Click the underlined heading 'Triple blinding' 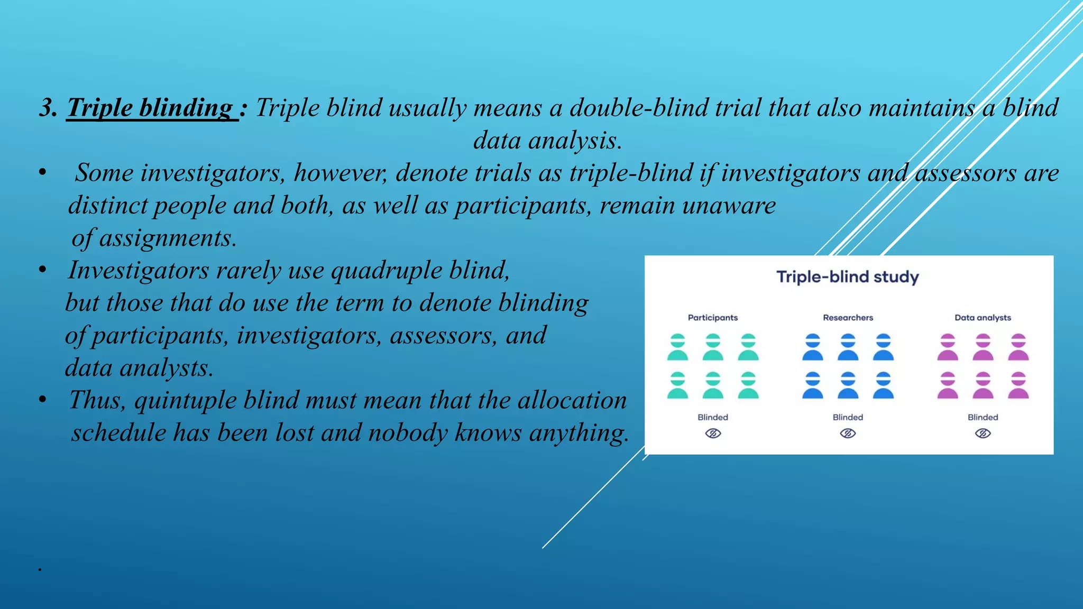(150, 108)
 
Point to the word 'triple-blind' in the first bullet (630, 173)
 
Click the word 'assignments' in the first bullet (167, 238)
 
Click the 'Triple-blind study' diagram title (847, 277)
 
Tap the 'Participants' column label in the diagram (712, 318)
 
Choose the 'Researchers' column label (848, 318)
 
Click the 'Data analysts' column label (983, 318)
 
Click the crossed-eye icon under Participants (713, 433)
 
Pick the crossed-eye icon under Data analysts (983, 433)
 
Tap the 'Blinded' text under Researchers (848, 417)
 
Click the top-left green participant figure (677, 347)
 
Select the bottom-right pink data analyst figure (1018, 385)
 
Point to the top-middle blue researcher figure (848, 347)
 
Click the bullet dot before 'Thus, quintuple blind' (42, 400)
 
